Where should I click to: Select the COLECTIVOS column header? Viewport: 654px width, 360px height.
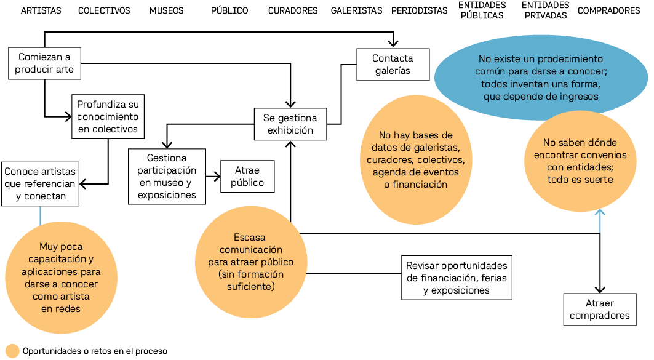coord(104,10)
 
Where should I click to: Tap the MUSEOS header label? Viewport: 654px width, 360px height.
coord(166,10)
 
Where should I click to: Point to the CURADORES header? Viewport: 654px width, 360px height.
coord(293,10)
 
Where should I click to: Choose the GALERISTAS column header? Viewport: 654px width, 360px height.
coord(356,10)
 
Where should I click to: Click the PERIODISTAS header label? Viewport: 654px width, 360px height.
coord(420,10)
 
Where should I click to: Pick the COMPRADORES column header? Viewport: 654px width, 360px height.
coord(609,10)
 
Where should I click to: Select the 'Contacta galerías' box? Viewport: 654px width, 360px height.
coord(393,65)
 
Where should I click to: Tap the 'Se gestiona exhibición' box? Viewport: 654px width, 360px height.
coord(290,124)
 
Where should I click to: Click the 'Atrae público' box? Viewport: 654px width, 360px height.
coord(247,177)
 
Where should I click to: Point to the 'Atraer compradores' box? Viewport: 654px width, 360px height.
coord(600,310)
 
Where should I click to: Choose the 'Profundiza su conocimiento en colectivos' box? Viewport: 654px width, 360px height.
coord(108,117)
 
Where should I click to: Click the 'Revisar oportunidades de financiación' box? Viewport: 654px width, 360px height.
coord(457,278)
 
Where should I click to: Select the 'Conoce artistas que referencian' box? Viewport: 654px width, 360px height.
coord(41,183)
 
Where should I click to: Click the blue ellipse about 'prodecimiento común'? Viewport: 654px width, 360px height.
coord(541,78)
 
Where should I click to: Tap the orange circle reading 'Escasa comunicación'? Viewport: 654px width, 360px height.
coord(251,261)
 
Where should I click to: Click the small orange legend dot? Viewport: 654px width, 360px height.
coord(12,351)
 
